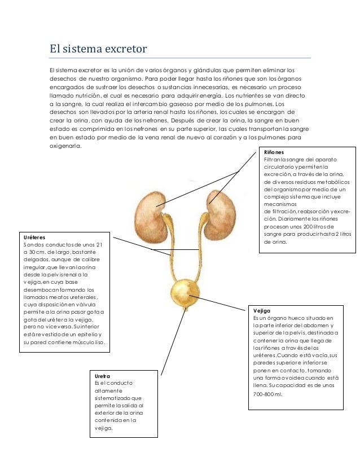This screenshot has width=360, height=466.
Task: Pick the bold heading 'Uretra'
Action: click(103, 376)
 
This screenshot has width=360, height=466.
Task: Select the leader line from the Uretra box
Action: click(172, 344)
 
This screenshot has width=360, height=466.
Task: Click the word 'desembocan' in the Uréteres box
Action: click(39, 290)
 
